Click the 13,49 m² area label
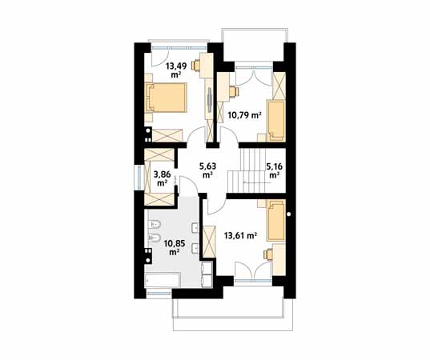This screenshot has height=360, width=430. point(176,70)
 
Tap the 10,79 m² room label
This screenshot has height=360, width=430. point(244,115)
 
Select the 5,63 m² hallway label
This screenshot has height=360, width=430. point(208,170)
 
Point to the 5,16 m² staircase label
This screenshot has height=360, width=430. point(274,170)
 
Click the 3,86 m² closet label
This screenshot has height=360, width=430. point(163,178)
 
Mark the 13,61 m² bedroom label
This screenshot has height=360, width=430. point(240,235)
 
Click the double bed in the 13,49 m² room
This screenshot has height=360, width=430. point(166,98)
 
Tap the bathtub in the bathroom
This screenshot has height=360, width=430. point(162,280)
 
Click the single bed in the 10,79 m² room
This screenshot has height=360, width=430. point(276,121)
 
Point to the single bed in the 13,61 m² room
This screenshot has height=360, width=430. point(276,220)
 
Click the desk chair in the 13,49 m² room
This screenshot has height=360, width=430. point(196,66)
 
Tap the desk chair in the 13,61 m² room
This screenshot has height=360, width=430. point(268,254)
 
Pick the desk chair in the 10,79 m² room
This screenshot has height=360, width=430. point(234,92)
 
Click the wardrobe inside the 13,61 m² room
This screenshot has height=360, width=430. point(209,241)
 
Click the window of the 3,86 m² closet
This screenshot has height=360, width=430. point(139,178)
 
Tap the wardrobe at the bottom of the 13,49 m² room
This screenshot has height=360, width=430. point(167,135)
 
